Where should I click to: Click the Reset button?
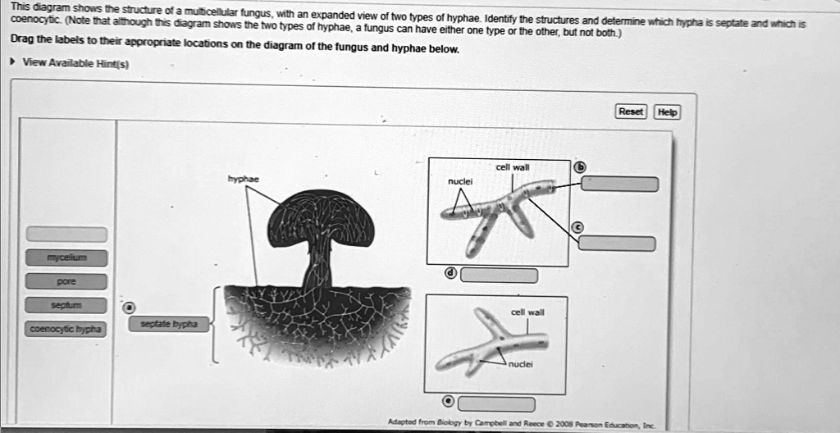[631, 112]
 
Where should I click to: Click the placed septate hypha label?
[168, 325]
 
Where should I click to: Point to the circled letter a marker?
[128, 308]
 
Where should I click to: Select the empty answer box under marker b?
[619, 184]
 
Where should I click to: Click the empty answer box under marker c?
[617, 244]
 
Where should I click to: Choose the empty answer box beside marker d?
[499, 275]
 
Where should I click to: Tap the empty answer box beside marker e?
[496, 403]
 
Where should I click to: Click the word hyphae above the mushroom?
[244, 178]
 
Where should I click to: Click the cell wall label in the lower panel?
[526, 312]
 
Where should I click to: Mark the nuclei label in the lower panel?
[521, 367]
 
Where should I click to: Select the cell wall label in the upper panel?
[513, 167]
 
